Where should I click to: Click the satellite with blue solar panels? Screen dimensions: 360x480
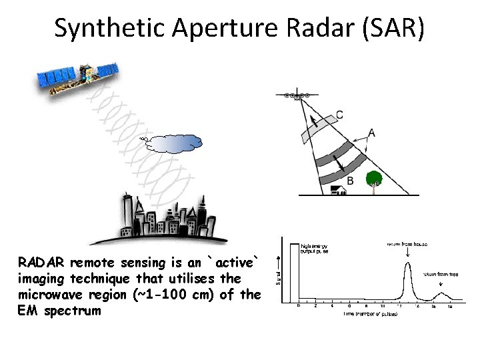(77, 77)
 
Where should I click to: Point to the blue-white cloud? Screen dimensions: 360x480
(175, 143)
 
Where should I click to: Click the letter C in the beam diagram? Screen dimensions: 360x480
(340, 115)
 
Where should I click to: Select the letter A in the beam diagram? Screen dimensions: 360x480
(371, 133)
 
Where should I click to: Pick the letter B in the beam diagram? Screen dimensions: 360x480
(350, 180)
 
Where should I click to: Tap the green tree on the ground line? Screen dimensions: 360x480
(375, 179)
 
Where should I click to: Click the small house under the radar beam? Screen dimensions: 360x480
(339, 190)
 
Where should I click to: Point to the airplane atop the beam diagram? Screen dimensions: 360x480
(297, 95)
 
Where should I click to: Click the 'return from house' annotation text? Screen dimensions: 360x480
(407, 244)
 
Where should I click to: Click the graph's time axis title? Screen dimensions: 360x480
(371, 313)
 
